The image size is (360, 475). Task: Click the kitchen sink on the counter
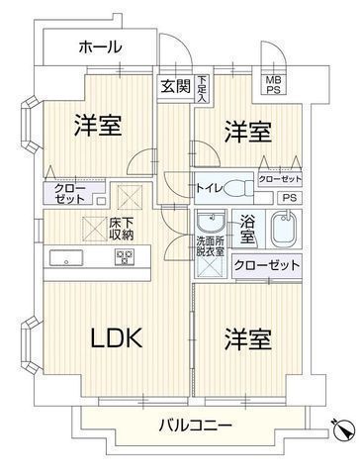click(70, 257)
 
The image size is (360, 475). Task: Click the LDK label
click(118, 339)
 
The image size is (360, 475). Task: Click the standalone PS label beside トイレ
click(289, 197)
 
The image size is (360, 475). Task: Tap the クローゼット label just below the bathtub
click(267, 264)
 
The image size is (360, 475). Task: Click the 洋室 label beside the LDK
click(246, 340)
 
